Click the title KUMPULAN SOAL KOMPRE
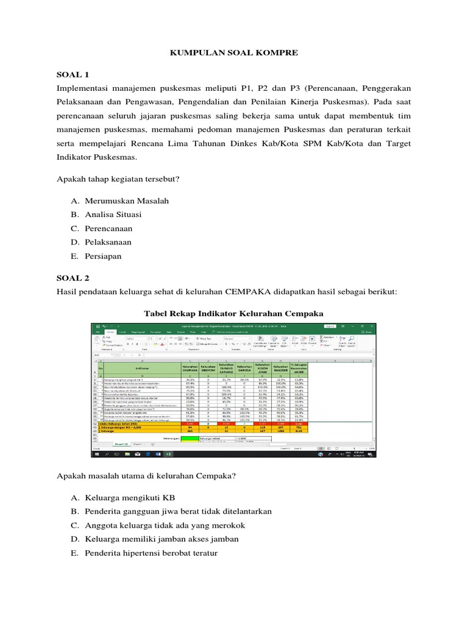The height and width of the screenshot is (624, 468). click(x=233, y=53)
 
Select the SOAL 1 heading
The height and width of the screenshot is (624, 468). click(x=73, y=74)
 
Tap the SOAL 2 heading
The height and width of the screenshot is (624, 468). click(x=73, y=277)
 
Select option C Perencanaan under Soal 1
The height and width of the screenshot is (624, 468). click(x=109, y=229)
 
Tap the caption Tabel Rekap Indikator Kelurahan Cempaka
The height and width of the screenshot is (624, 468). click(x=233, y=313)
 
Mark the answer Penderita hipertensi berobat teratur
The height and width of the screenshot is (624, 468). click(x=152, y=553)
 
